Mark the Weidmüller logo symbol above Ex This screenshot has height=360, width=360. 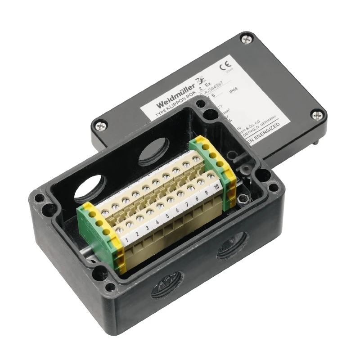(198, 82)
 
